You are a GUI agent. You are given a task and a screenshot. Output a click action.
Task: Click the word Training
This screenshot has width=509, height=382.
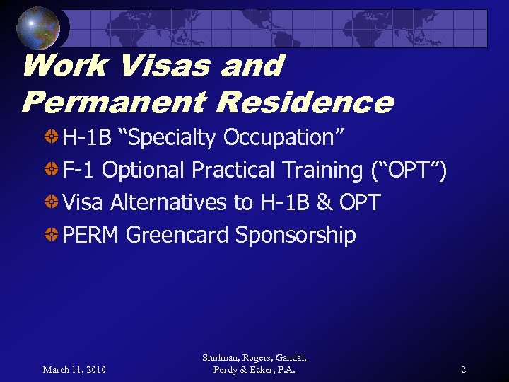[322, 170]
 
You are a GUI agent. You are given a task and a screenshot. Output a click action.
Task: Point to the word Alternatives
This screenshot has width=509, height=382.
[168, 203]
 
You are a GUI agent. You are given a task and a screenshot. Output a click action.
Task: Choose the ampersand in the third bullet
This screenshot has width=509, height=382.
[324, 203]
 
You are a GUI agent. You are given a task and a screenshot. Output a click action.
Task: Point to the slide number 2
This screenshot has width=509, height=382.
[463, 369]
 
